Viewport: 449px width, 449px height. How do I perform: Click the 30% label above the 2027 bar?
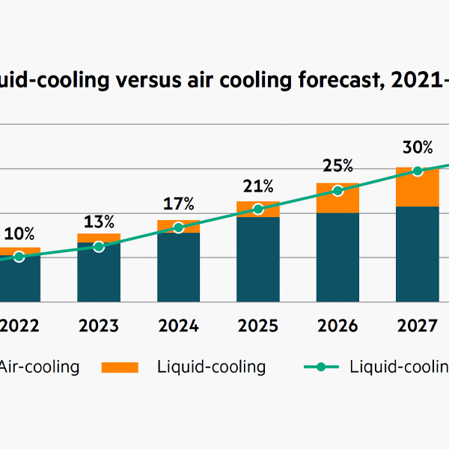417,147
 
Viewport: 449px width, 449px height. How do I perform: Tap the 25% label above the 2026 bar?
337,165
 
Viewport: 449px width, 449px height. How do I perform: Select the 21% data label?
258,185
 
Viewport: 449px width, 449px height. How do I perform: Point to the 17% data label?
178,204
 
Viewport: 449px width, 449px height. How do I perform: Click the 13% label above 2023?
99,222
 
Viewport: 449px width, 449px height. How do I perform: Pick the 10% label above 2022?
19,234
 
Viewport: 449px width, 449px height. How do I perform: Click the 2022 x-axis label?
19,326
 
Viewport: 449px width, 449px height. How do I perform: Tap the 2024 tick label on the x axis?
178,326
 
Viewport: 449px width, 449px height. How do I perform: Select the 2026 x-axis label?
337,326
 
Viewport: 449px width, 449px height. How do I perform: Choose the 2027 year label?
417,326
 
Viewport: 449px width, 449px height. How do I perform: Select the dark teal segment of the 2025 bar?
258,259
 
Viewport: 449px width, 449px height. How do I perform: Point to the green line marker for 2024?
178,227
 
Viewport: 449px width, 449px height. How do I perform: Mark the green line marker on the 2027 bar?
418,171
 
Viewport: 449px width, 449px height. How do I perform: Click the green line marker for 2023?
99,246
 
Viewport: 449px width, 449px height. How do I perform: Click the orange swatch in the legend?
120,367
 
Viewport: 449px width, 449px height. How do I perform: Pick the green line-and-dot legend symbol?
322,367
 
